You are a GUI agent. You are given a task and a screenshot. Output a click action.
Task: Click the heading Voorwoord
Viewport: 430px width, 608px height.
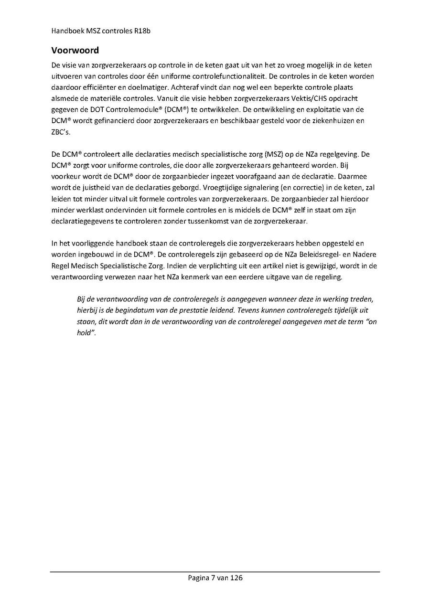(x=75, y=50)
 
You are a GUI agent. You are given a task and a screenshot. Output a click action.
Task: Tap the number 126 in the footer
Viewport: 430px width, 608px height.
(x=236, y=578)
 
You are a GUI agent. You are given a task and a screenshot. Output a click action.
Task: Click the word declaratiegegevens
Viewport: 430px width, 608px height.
(x=82, y=221)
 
